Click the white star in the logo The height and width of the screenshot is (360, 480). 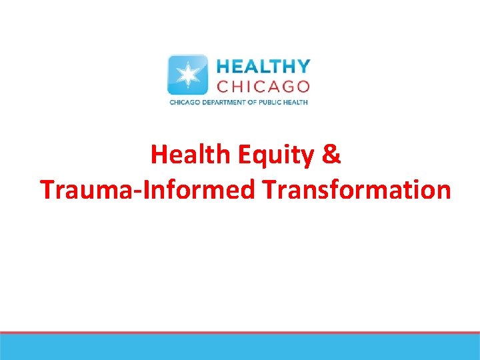point(188,75)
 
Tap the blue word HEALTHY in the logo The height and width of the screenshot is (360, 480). point(263,67)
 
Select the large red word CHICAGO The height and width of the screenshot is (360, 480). point(263,86)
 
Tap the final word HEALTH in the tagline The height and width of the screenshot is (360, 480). point(298,103)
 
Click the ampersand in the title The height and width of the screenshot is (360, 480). point(331,155)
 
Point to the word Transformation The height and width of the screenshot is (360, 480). point(356,189)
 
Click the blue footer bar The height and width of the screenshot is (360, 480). point(240,347)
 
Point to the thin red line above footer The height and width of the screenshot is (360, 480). point(240,333)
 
